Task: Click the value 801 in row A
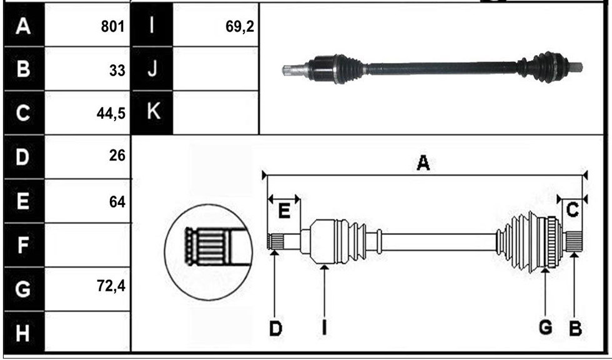tap(113, 26)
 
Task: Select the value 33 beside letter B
tap(117, 70)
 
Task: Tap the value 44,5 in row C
tap(111, 114)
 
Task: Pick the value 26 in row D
tap(117, 156)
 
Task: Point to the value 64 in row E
tap(117, 202)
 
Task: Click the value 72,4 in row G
tap(111, 286)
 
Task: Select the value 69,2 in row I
tap(240, 26)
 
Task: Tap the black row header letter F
tap(22, 245)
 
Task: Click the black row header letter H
tap(22, 334)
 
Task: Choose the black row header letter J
tap(152, 69)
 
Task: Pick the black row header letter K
tap(153, 111)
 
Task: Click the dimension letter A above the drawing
tap(423, 163)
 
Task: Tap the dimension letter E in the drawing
tap(284, 212)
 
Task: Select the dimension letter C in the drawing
tap(572, 210)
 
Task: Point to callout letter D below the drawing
tap(275, 329)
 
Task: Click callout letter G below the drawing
tap(545, 327)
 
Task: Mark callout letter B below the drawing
tap(575, 329)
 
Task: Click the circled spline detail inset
tap(209, 252)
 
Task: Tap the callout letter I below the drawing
tap(324, 329)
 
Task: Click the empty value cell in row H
tap(87, 331)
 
